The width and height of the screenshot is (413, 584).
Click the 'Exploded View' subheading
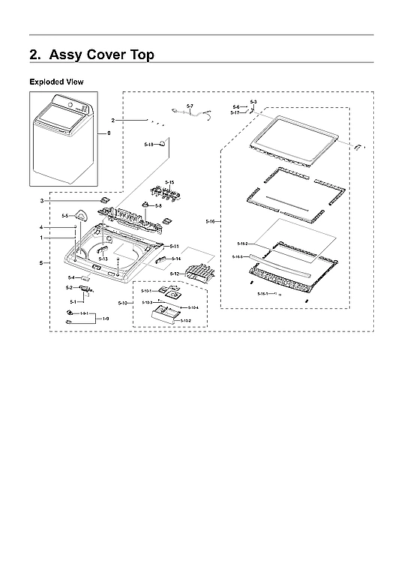56,81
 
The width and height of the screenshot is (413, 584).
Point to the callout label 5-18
148,143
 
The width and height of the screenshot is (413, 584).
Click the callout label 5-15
169,182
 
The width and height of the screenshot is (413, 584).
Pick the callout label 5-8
158,205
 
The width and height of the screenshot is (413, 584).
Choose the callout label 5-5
64,216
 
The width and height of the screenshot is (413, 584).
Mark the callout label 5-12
174,274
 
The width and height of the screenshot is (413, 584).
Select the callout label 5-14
175,259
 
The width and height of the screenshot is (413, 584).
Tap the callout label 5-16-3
238,256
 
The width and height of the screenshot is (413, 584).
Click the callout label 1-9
106,319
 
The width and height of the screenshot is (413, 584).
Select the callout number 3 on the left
42,201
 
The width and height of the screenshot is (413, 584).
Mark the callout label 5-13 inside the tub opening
103,259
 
